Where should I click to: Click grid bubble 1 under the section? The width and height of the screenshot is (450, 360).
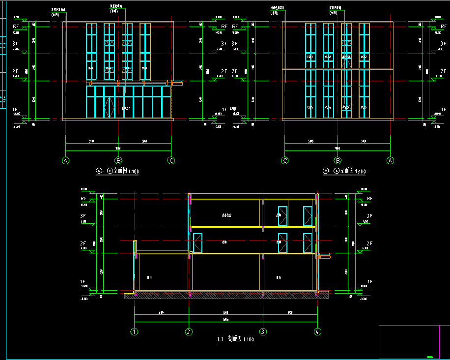click(134, 332)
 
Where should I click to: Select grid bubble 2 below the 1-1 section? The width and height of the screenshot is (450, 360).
click(189, 332)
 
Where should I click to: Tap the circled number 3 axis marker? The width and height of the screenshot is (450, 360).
click(263, 332)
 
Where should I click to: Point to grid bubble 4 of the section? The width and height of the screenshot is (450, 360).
click(317, 332)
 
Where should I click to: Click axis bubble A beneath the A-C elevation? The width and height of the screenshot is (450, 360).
click(65, 160)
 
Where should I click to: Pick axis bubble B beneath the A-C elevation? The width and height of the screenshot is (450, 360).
click(118, 160)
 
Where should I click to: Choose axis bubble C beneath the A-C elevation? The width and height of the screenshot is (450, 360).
click(171, 160)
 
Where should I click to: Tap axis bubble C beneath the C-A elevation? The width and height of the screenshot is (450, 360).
click(284, 160)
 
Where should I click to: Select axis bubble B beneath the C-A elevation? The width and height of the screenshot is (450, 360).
click(337, 160)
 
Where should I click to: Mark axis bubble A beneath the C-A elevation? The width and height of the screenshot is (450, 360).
click(391, 160)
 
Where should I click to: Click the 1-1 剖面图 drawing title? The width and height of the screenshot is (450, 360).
click(235, 339)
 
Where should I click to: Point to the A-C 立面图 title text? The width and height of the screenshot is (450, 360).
click(118, 171)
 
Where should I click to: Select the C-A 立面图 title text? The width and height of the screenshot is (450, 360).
click(344, 171)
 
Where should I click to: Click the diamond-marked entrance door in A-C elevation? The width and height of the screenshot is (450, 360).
click(109, 107)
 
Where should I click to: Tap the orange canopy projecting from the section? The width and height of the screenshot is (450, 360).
click(324, 255)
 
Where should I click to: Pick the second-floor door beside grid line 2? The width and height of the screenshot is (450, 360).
click(197, 243)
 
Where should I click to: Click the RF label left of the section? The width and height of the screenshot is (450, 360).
click(83, 198)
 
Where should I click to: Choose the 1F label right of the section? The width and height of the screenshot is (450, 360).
click(369, 282)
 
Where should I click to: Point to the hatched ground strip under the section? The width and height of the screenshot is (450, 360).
click(226, 295)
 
